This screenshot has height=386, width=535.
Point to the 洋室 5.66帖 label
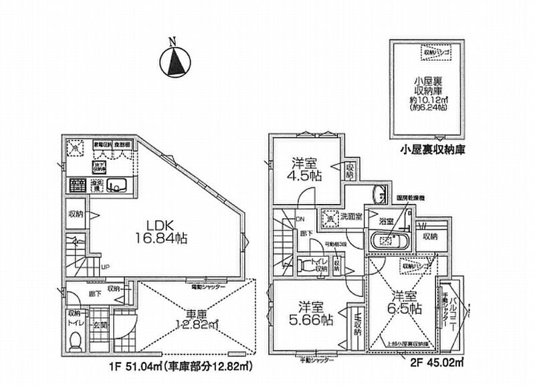tap(310, 313)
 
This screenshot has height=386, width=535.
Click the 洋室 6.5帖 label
tap(406, 302)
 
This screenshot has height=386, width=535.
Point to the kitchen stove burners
tap(76, 184)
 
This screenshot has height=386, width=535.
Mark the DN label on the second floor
tap(302, 219)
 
